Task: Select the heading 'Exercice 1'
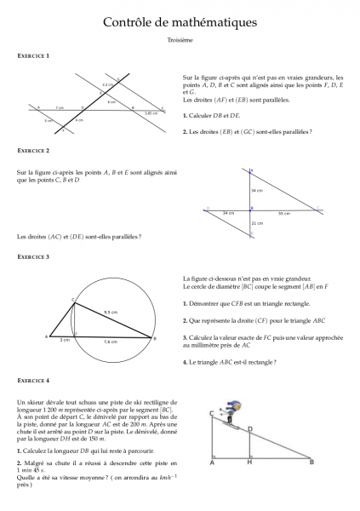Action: pyautogui.click(x=33, y=55)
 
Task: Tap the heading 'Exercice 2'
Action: pyautogui.click(x=33, y=151)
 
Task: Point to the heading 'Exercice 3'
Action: pyautogui.click(x=33, y=256)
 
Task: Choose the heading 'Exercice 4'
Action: pyautogui.click(x=33, y=380)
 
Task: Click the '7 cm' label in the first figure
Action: pyautogui.click(x=59, y=108)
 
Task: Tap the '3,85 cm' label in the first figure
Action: pyautogui.click(x=151, y=113)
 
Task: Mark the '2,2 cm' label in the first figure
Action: pyautogui.click(x=106, y=86)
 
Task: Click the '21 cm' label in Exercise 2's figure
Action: pyautogui.click(x=257, y=222)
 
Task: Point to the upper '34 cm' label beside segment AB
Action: pyautogui.click(x=257, y=191)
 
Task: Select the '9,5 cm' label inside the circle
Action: pyautogui.click(x=111, y=313)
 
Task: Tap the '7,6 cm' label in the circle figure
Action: pyautogui.click(x=111, y=342)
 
